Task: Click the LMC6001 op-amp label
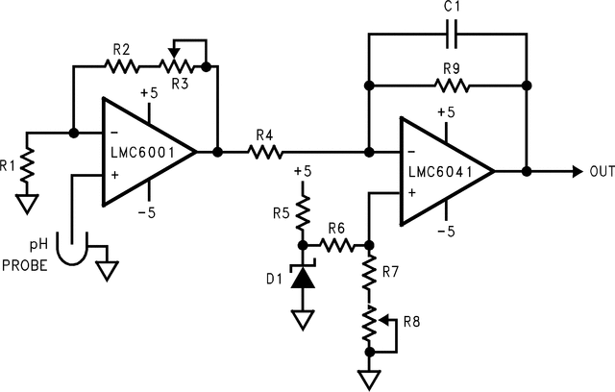point(147,152)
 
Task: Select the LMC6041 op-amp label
point(443,172)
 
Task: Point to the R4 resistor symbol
point(265,151)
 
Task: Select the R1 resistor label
point(9,164)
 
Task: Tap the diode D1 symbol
point(304,278)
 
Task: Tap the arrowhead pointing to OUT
point(575,171)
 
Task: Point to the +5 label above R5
point(304,170)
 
